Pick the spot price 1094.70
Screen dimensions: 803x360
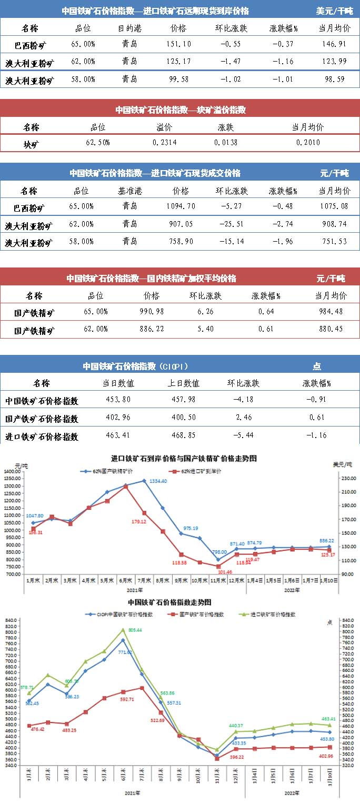click(x=181, y=206)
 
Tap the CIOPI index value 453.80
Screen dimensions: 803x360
click(x=120, y=399)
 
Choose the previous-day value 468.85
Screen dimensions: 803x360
click(x=186, y=435)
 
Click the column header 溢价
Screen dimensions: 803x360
click(x=164, y=127)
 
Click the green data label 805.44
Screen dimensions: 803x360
click(x=135, y=630)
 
